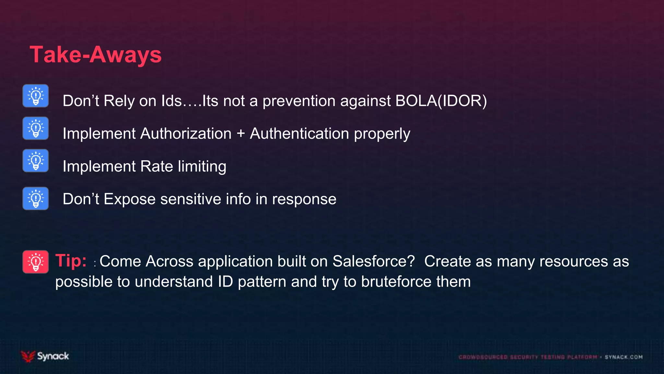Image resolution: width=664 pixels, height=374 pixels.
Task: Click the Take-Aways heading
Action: tap(96, 55)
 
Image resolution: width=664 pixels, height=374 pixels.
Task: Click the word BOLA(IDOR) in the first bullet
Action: tap(441, 101)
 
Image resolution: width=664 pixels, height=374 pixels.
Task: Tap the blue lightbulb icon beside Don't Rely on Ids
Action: tap(36, 96)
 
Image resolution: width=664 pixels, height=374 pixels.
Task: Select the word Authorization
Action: tap(186, 134)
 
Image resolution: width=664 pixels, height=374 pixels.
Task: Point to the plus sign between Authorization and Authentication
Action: tap(241, 134)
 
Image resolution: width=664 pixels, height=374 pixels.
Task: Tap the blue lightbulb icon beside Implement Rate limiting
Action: tap(36, 161)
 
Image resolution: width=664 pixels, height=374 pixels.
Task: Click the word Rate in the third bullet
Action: tap(157, 167)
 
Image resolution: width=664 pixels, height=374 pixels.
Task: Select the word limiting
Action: tap(202, 167)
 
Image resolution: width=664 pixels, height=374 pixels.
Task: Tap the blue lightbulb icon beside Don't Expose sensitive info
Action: tap(36, 198)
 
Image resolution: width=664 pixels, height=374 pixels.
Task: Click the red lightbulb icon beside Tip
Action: tap(36, 262)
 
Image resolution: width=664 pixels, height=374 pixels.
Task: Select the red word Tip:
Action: tap(71, 261)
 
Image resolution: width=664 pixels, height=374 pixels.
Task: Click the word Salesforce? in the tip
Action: tap(373, 261)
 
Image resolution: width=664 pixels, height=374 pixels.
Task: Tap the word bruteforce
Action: tap(396, 281)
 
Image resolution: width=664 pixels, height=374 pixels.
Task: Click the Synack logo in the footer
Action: tap(45, 356)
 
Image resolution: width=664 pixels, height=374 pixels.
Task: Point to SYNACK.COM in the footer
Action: tap(623, 357)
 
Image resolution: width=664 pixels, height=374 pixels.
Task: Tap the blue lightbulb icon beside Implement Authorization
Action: tap(36, 128)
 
